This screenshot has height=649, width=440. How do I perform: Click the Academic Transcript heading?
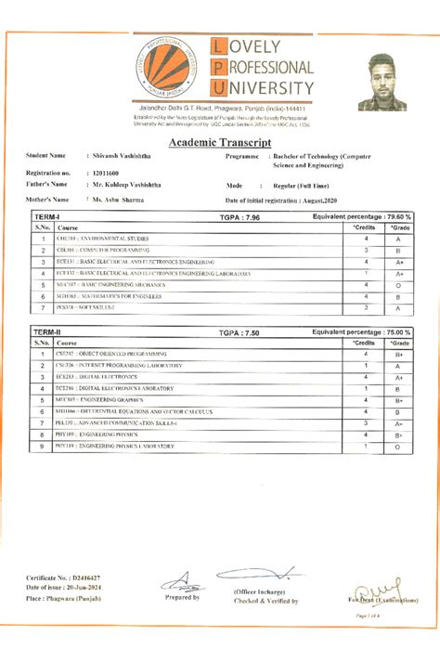pos(220,142)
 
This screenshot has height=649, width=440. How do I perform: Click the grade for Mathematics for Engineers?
pos(397,296)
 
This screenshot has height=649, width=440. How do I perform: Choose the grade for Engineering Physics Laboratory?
pos(397,447)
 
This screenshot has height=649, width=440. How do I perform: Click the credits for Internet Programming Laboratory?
pos(366,366)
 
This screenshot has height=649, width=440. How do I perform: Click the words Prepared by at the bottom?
pos(183,598)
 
